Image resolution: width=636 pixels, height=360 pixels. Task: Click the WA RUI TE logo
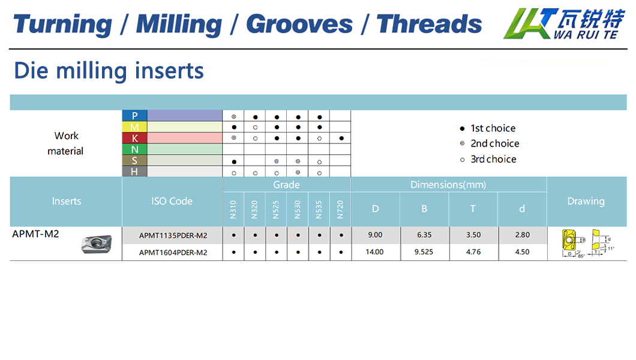click(x=564, y=23)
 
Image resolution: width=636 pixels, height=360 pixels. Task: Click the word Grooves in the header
click(x=299, y=25)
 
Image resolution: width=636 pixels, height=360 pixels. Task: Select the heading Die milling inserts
click(x=109, y=71)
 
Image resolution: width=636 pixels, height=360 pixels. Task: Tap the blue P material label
click(x=134, y=116)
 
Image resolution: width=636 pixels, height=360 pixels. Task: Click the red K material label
click(x=134, y=138)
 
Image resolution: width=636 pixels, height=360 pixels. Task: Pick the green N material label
click(x=134, y=149)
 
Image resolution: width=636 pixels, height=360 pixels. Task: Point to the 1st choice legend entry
click(x=488, y=128)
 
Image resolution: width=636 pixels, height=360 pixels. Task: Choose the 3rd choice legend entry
click(x=488, y=160)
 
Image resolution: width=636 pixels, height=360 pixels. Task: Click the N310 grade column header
click(x=233, y=209)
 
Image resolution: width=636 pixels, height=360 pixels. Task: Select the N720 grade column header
click(x=340, y=209)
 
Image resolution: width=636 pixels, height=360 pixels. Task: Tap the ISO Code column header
click(x=172, y=201)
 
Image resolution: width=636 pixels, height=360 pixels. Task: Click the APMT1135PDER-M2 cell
click(x=173, y=236)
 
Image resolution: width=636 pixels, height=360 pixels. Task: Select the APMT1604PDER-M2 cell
click(x=173, y=253)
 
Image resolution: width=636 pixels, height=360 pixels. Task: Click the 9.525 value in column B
click(x=424, y=252)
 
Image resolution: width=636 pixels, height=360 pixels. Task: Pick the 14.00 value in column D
click(x=375, y=252)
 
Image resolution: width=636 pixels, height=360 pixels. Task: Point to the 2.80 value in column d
click(x=523, y=235)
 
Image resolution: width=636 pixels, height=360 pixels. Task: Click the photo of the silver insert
click(x=97, y=244)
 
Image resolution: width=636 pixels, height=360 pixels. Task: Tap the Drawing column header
click(x=586, y=201)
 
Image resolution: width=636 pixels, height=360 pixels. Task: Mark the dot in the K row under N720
click(x=341, y=138)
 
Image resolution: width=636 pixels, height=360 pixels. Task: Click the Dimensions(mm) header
click(x=448, y=185)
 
